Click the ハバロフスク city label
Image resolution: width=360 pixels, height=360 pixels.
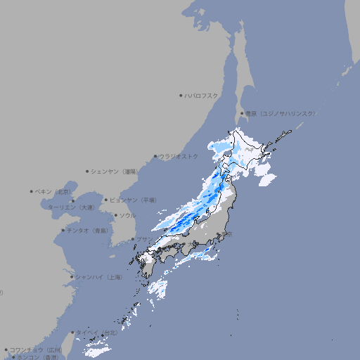[201, 95]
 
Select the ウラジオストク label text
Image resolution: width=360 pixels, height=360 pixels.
[179, 156]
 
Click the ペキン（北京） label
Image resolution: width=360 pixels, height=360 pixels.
[53, 191]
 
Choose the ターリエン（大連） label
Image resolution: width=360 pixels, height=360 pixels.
[71, 207]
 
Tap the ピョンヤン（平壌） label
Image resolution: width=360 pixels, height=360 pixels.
[134, 200]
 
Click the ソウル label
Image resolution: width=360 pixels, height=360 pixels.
[127, 215]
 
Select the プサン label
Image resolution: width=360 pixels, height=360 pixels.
[143, 240]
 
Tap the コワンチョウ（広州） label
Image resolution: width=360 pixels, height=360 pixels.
[36, 349]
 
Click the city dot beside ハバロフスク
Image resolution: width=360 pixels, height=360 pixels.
[181, 95]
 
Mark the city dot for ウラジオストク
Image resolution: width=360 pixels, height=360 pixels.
[155, 157]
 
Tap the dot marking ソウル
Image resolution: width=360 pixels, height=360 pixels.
[115, 215]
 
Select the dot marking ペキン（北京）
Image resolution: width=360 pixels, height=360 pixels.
[32, 191]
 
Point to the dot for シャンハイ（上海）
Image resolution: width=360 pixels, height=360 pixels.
[72, 277]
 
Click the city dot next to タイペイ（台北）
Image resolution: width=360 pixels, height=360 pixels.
[72, 333]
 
